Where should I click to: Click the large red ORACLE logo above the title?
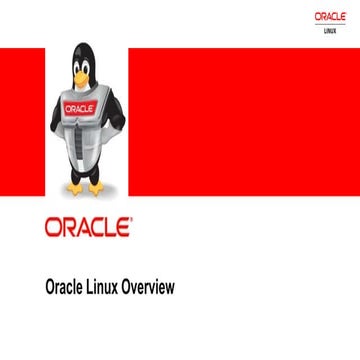click(88, 226)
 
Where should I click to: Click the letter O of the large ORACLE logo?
click(53, 226)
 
